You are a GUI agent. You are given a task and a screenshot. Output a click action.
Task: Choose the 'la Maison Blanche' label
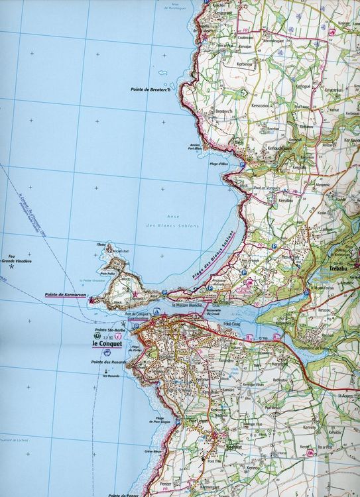pyautogui.click(x=187, y=306)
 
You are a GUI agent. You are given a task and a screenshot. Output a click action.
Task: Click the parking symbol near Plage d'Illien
pyautogui.click(x=243, y=164)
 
